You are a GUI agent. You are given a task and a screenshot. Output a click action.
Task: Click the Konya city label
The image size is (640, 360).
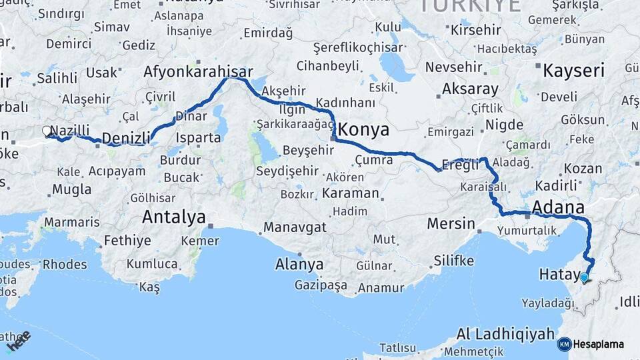(364, 129)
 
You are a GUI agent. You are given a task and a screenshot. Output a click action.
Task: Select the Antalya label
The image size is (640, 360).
(173, 217)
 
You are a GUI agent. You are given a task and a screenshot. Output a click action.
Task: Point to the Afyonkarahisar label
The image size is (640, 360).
(198, 72)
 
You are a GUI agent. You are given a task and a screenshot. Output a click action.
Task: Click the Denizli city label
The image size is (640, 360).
(127, 138)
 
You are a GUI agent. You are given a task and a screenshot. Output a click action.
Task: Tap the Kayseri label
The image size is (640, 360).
(573, 71)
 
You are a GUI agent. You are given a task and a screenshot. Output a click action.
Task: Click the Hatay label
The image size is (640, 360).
(557, 274)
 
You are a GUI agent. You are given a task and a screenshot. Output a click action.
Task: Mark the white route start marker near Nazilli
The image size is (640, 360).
(47, 131)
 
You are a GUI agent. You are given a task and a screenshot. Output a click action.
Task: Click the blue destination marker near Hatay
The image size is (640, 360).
(585, 277)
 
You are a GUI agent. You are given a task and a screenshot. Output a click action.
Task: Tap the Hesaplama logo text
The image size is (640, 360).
(599, 345)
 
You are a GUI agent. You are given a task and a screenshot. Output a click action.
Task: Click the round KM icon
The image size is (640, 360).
(564, 345)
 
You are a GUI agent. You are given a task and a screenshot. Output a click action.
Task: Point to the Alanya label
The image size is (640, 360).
(299, 264)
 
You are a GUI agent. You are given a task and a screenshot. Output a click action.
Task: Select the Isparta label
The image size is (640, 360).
(198, 138)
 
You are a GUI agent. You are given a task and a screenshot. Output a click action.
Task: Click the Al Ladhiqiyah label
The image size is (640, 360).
(505, 333)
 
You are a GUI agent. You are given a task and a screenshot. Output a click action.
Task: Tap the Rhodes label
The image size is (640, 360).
(65, 264)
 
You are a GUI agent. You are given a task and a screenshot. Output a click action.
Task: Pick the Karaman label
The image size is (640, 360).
(350, 193)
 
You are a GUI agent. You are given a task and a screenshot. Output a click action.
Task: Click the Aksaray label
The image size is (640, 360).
(471, 89)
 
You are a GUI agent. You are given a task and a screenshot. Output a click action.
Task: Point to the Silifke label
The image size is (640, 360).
(453, 260)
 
